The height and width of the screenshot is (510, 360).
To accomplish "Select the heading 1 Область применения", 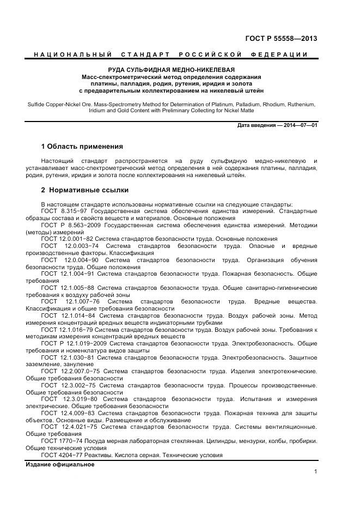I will point(82,147).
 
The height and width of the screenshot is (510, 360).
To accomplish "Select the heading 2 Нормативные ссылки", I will point(85,190).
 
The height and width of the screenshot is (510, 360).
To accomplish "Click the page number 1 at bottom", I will point(315,472).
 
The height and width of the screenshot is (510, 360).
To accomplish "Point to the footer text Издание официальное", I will point(60,464).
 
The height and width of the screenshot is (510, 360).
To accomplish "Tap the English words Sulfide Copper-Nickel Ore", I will point(59,103).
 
